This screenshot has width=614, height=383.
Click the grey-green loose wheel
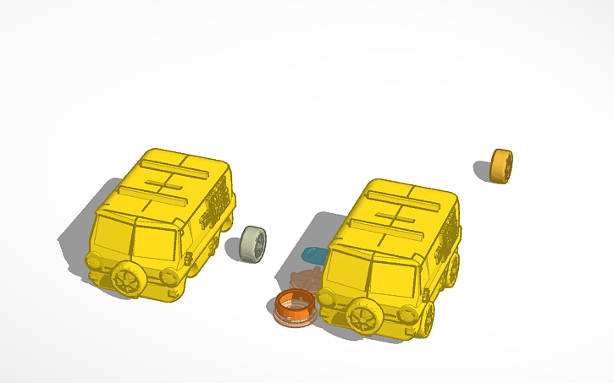(252, 244)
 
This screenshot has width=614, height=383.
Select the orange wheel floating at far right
(501, 166)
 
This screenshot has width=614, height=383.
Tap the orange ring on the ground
(296, 306)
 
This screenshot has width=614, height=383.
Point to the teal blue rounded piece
(314, 254)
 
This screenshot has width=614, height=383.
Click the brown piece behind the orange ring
(306, 278)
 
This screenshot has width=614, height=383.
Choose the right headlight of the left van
(167, 276)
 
